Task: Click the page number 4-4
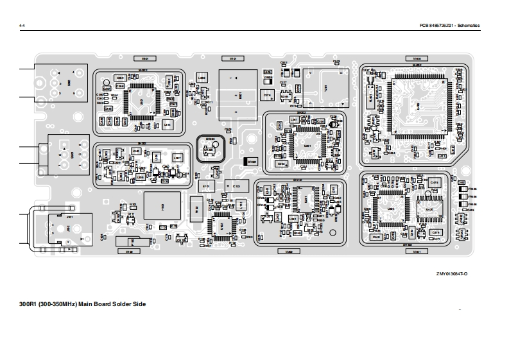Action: [x=22, y=25]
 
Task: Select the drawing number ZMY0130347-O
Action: [x=452, y=273]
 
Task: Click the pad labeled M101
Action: [x=234, y=58]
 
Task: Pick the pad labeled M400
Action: [x=417, y=58]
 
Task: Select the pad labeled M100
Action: [x=128, y=252]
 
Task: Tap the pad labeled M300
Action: [x=289, y=252]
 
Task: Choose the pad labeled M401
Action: [x=417, y=252]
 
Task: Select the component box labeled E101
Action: [x=206, y=187]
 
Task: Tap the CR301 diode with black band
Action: [x=252, y=162]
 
